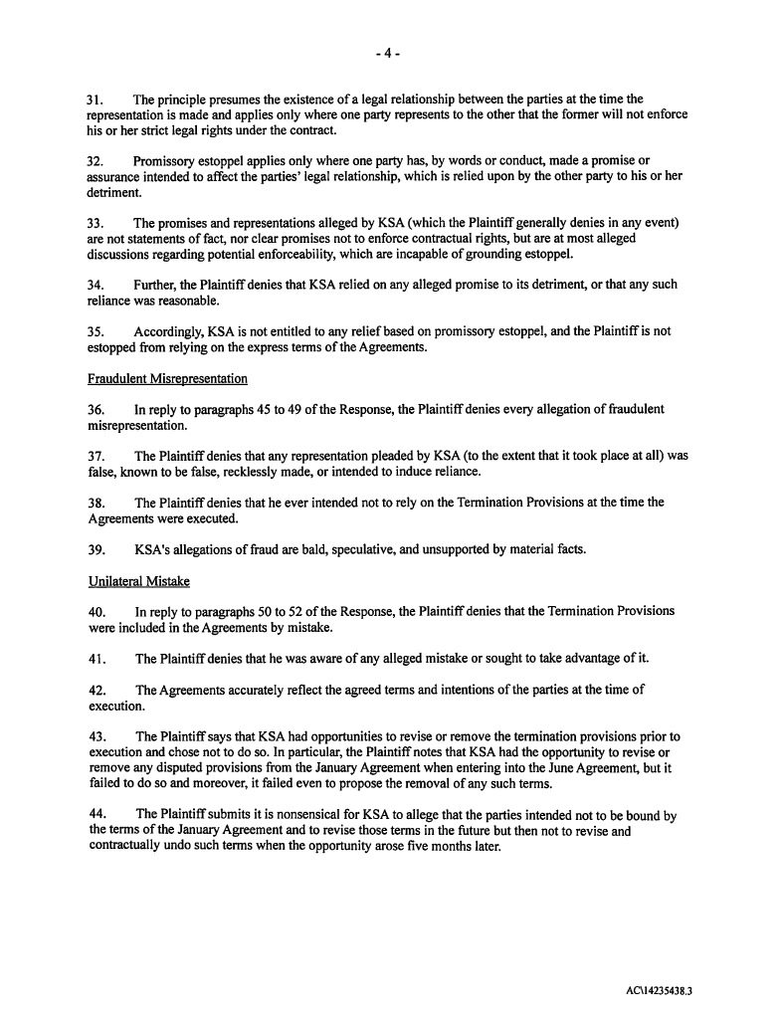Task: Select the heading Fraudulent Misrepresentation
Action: click(x=167, y=378)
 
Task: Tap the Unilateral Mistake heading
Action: click(x=138, y=581)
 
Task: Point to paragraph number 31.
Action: click(x=97, y=100)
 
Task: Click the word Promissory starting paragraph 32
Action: click(x=166, y=160)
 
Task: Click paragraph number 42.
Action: click(x=97, y=690)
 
